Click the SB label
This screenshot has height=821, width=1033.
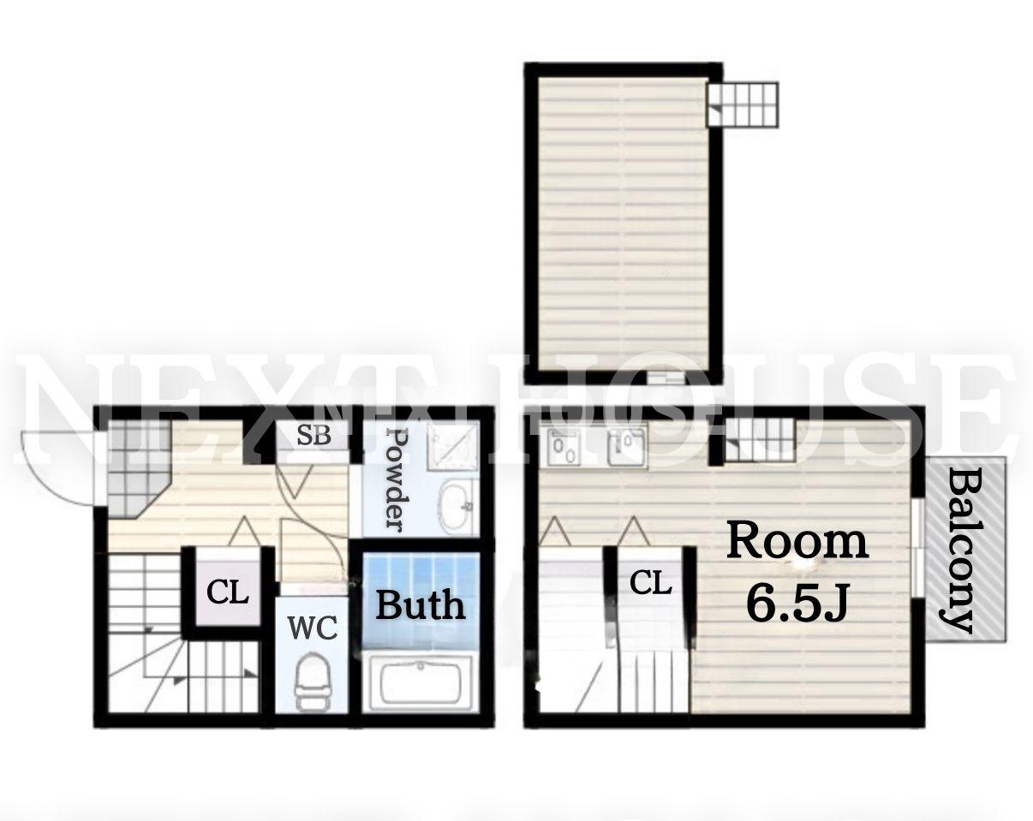(314, 435)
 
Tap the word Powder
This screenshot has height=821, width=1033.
(398, 479)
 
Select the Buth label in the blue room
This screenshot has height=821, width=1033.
(421, 605)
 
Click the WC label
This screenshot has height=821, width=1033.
(312, 628)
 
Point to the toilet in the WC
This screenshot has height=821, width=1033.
(313, 681)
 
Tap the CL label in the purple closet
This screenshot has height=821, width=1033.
(228, 593)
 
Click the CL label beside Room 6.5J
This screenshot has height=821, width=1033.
(650, 584)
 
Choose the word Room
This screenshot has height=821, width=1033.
(797, 542)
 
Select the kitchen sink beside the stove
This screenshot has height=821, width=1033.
(627, 447)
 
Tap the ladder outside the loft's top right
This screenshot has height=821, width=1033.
(742, 104)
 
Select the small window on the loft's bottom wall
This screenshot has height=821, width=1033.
(666, 378)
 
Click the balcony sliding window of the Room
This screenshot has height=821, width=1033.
(917, 549)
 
